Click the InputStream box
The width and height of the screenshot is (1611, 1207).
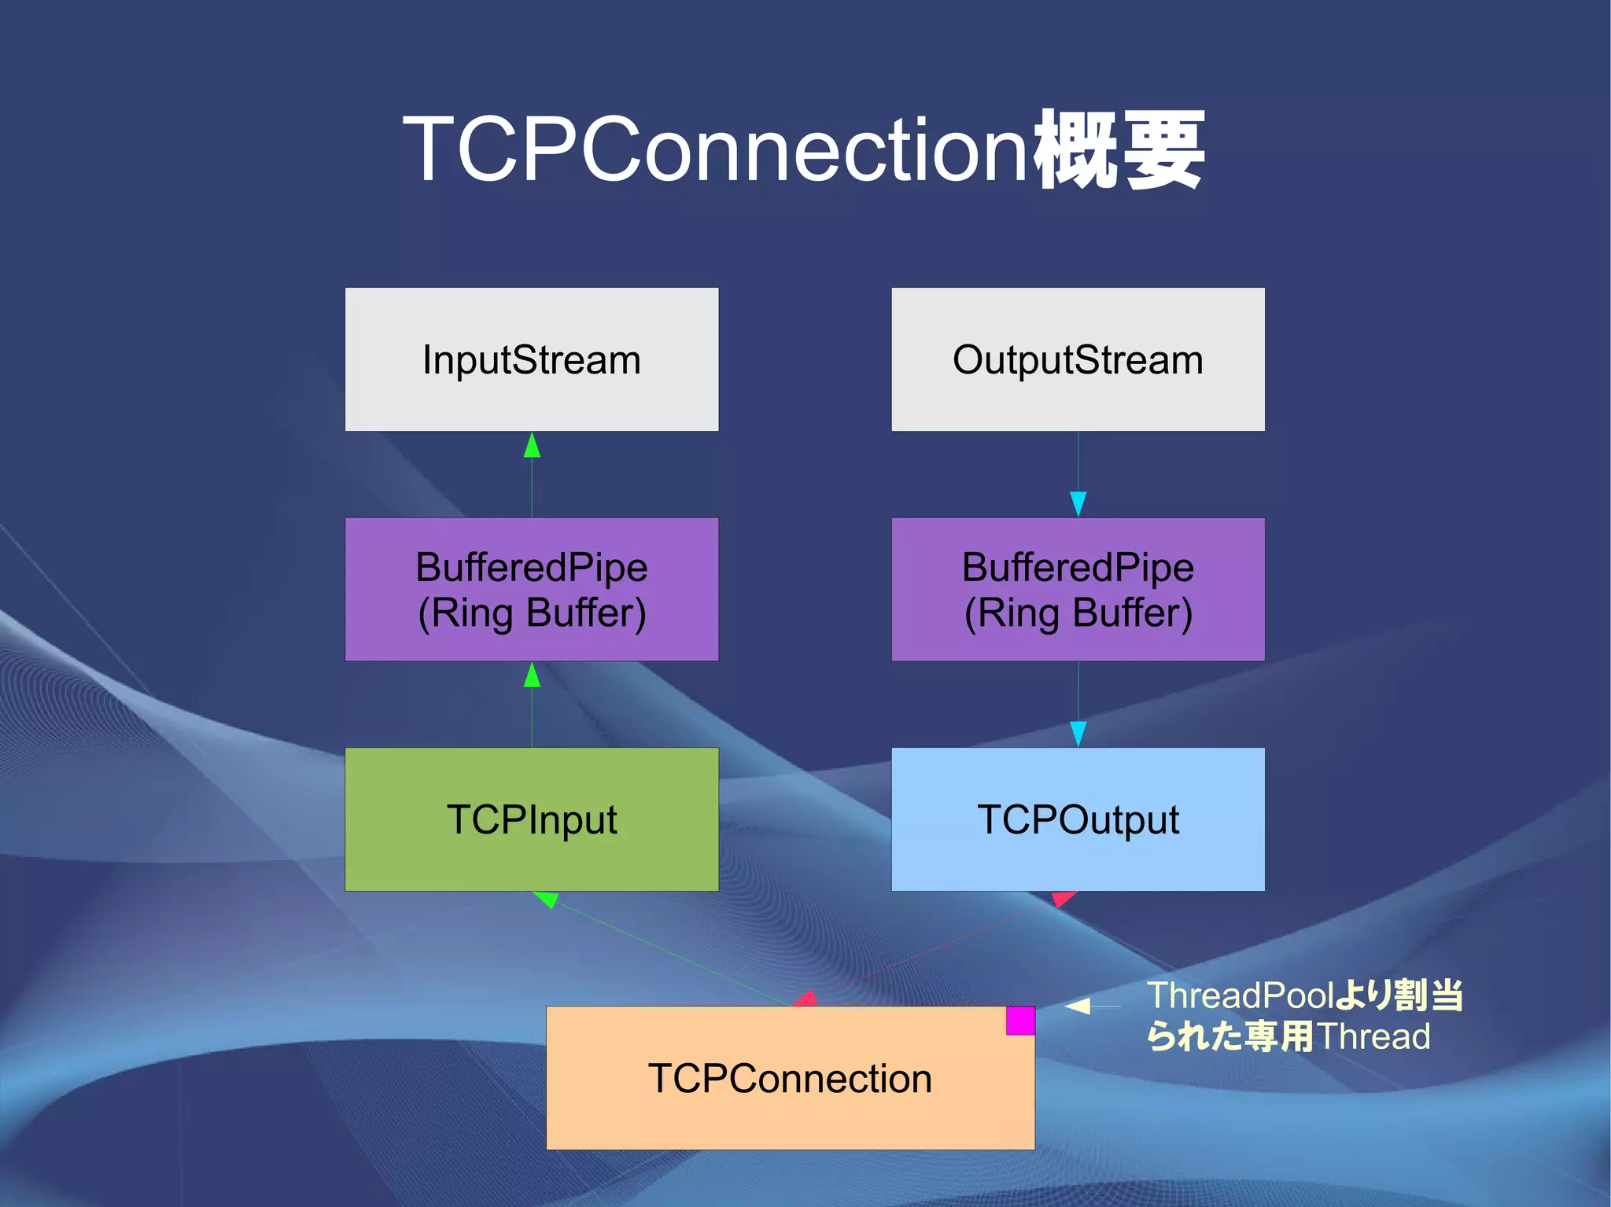(532, 359)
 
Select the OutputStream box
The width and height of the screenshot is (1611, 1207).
(1078, 359)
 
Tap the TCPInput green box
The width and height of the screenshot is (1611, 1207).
(532, 819)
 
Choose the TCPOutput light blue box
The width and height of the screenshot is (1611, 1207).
(1078, 819)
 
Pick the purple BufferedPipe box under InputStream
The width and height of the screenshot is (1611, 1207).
(532, 589)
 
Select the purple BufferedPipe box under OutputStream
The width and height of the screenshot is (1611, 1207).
(1078, 589)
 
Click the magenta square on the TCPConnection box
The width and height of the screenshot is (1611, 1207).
(1020, 1021)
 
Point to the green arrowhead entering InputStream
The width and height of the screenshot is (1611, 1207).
(532, 446)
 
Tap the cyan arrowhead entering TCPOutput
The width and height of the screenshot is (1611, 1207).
(1078, 733)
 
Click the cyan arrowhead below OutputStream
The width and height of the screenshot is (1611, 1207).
(1078, 503)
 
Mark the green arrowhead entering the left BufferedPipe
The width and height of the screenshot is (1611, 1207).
(532, 675)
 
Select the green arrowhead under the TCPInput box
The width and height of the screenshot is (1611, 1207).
(547, 899)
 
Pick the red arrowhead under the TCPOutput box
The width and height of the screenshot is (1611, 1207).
(1063, 898)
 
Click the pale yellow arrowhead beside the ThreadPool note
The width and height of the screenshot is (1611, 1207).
(1078, 1006)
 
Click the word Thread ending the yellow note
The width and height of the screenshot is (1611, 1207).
(1373, 1036)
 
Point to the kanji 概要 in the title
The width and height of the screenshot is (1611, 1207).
(1119, 149)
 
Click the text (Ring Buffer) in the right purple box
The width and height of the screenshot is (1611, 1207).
(1078, 613)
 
